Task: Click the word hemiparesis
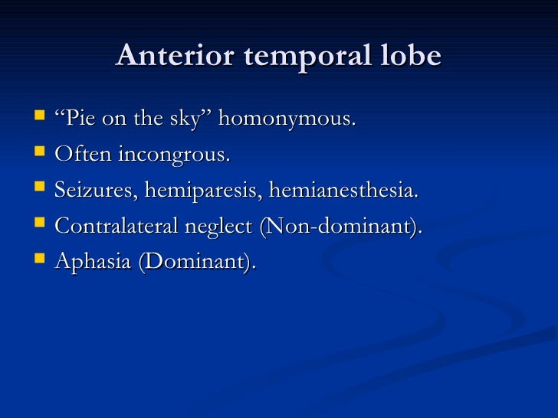tap(201, 191)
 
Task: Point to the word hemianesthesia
tap(344, 190)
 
